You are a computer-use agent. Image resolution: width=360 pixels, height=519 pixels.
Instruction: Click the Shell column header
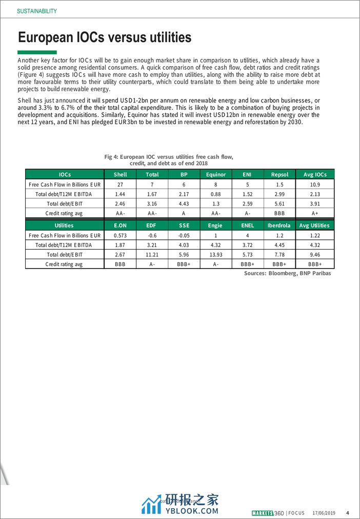[x=120, y=175]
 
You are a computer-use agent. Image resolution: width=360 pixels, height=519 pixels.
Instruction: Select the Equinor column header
[x=216, y=175]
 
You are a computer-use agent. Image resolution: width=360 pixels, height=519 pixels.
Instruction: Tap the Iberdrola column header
[x=278, y=225]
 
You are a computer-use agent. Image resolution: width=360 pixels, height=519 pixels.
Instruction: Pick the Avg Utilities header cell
[x=315, y=225]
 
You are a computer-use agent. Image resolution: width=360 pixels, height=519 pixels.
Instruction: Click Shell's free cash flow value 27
[x=120, y=184]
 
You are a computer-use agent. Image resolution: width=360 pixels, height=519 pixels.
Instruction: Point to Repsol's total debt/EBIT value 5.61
[x=278, y=203]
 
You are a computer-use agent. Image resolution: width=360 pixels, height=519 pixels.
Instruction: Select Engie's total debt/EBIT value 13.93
[x=216, y=255]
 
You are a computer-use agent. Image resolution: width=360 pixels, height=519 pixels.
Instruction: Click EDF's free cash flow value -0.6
[x=152, y=235]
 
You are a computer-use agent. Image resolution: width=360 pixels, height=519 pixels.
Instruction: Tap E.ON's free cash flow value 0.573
[x=120, y=235]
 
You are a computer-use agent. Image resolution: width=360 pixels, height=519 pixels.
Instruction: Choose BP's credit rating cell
[x=184, y=213]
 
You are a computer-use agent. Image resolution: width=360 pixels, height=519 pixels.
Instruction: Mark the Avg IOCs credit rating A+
[x=315, y=213]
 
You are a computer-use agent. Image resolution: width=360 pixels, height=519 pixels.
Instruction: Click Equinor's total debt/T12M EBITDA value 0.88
[x=216, y=194]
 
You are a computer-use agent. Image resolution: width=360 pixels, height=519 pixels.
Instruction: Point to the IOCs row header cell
[x=65, y=175]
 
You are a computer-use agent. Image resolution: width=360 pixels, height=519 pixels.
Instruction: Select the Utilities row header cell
[x=65, y=225]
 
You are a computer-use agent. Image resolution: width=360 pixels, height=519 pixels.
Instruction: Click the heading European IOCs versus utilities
[x=105, y=37]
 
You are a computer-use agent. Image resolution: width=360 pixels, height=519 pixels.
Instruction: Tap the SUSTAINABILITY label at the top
[x=36, y=11]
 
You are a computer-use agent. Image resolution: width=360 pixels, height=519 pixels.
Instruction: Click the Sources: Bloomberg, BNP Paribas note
[x=287, y=274]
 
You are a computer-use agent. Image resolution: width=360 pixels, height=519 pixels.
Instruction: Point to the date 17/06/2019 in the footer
[x=324, y=513]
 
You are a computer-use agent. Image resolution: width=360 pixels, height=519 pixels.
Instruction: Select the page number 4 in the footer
[x=348, y=513]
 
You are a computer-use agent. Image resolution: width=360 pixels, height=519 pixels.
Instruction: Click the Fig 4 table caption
[x=172, y=160]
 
